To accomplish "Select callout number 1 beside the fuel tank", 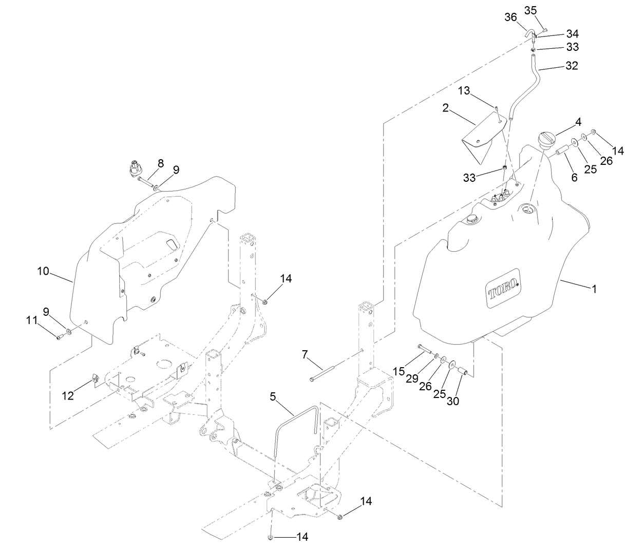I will pyautogui.click(x=594, y=289).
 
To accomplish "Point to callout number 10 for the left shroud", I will pyautogui.click(x=43, y=271).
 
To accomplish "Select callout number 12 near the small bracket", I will pyautogui.click(x=68, y=395).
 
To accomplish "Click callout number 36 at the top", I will pyautogui.click(x=510, y=17).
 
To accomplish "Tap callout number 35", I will pyautogui.click(x=531, y=10).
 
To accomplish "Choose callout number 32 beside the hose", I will pyautogui.click(x=571, y=66).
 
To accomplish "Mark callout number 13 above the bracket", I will pyautogui.click(x=464, y=91).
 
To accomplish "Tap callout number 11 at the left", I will pyautogui.click(x=32, y=320).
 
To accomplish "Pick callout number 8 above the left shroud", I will pyautogui.click(x=161, y=163).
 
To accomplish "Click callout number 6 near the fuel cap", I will pyautogui.click(x=574, y=177).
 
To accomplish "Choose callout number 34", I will pyautogui.click(x=572, y=33).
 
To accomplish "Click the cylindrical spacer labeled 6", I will pyautogui.click(x=561, y=153).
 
